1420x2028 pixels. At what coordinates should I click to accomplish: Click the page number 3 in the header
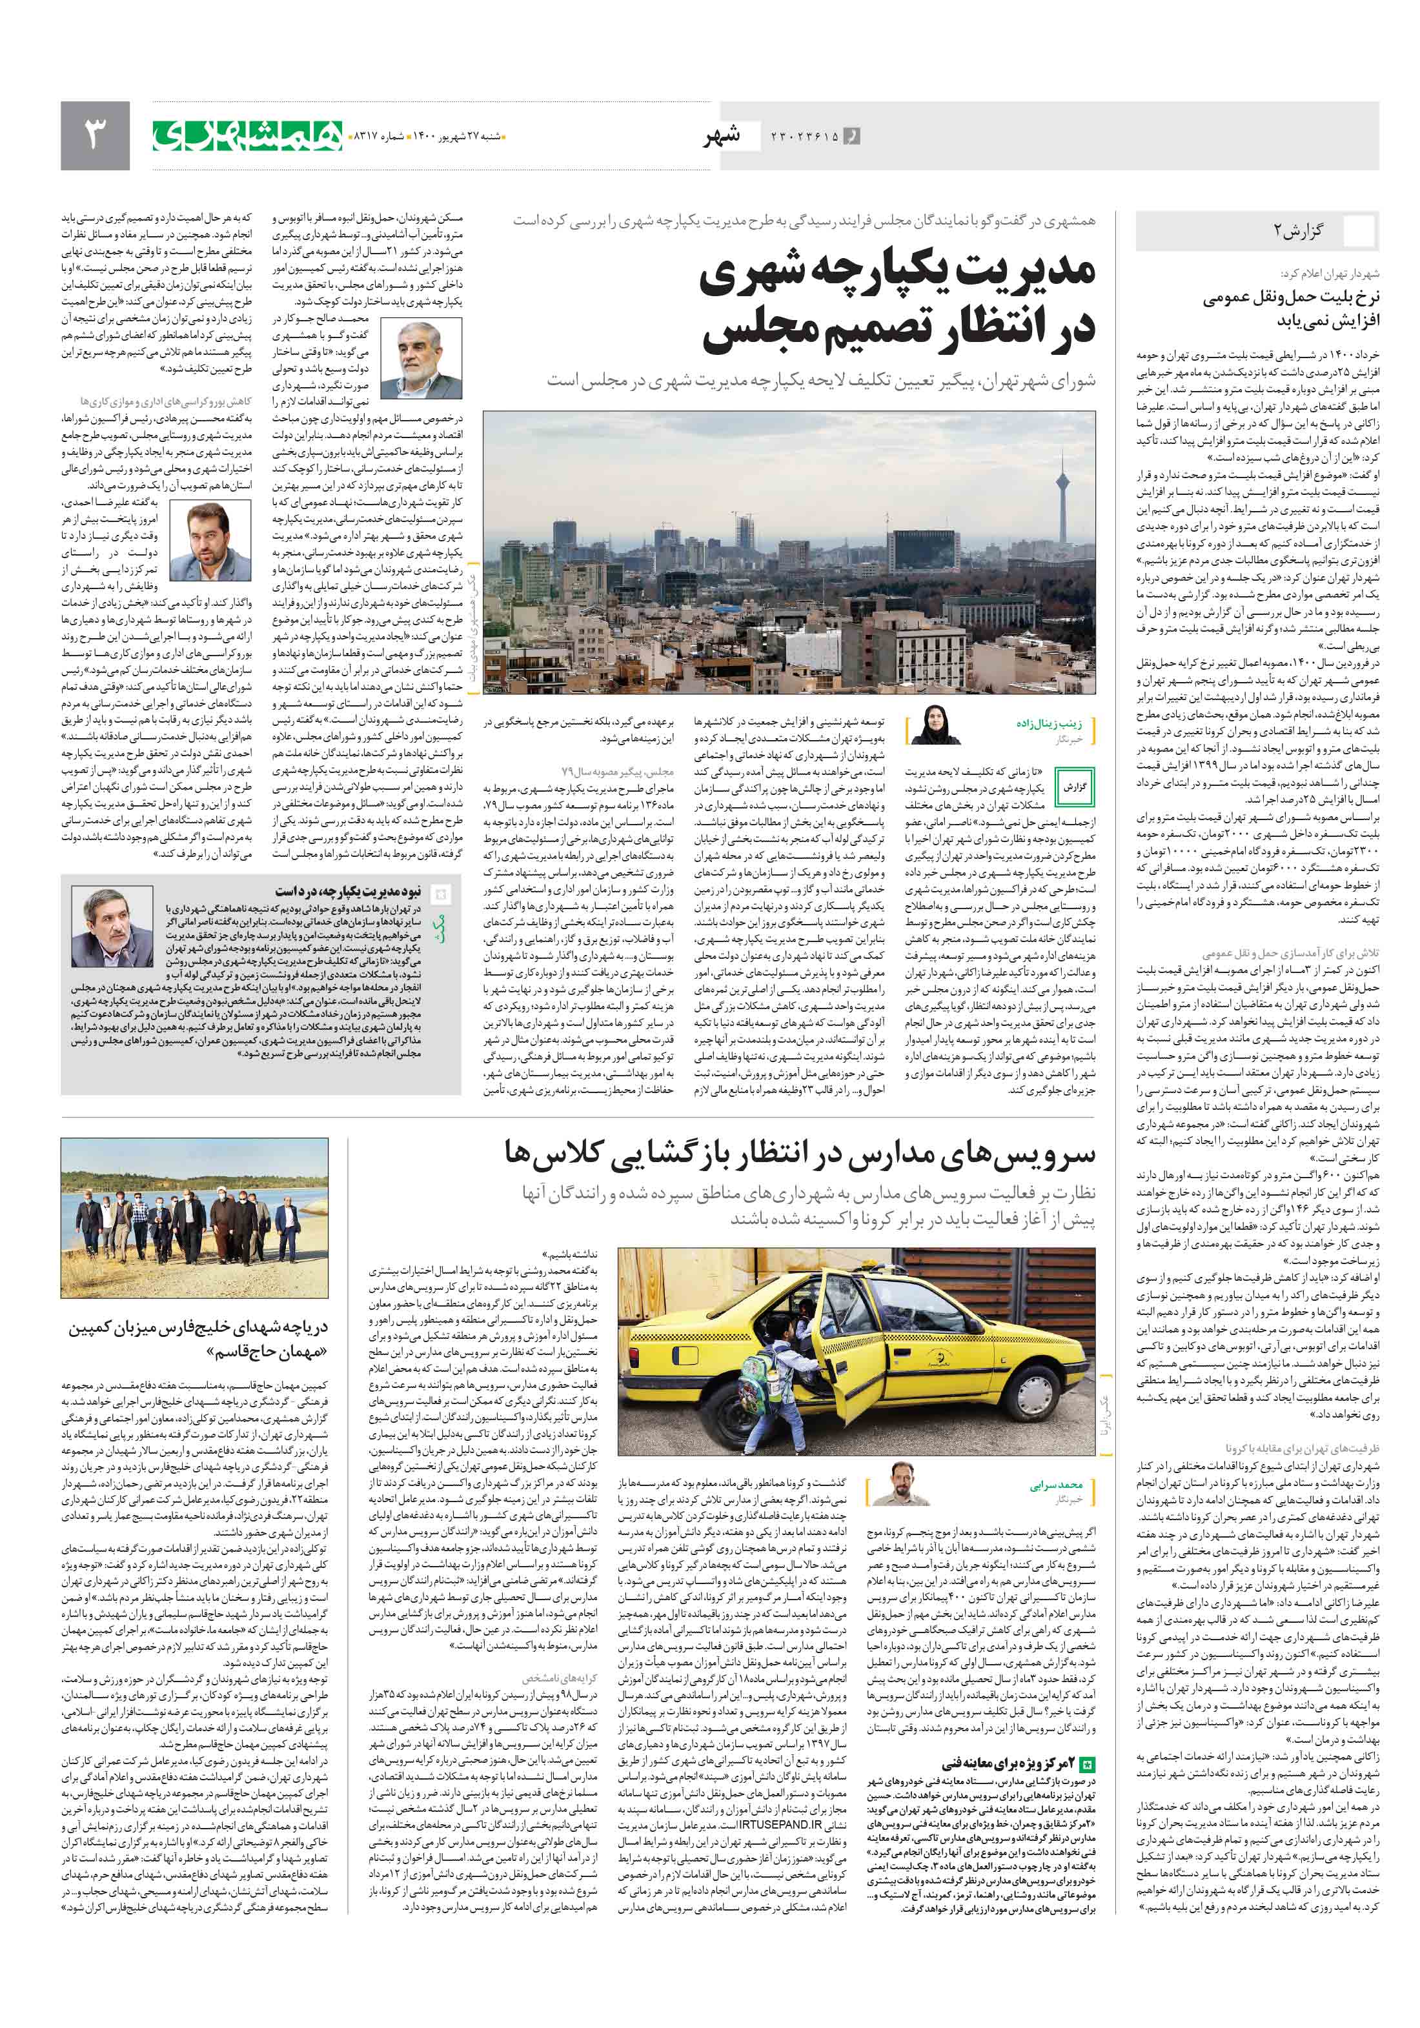coord(94,135)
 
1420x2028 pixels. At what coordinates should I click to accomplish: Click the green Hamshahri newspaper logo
coord(247,135)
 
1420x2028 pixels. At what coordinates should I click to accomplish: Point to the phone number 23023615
coord(804,137)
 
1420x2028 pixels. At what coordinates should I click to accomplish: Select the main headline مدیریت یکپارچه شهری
coord(897,275)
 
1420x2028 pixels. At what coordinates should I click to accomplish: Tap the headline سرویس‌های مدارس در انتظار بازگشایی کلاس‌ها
coord(799,1152)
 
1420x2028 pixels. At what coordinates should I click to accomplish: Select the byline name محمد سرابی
coord(1056,1485)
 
